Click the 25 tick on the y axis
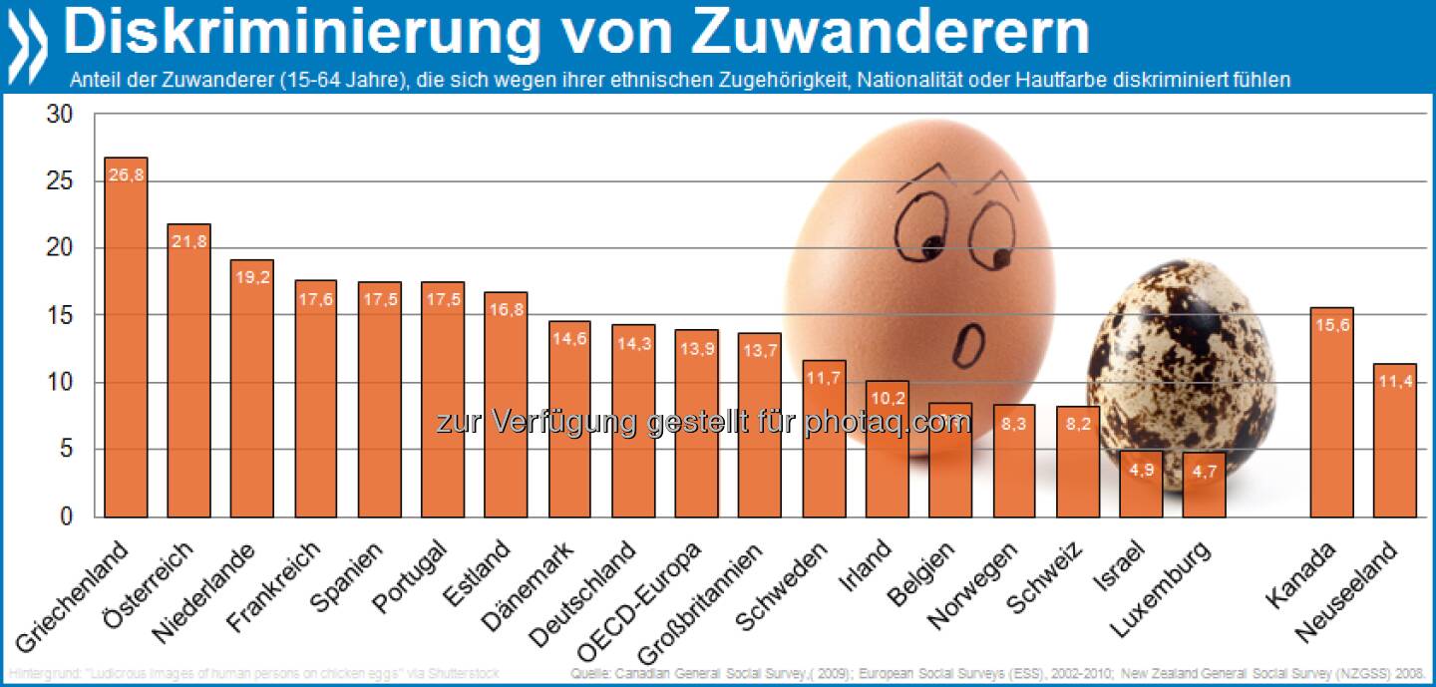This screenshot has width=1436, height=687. coord(61,181)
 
